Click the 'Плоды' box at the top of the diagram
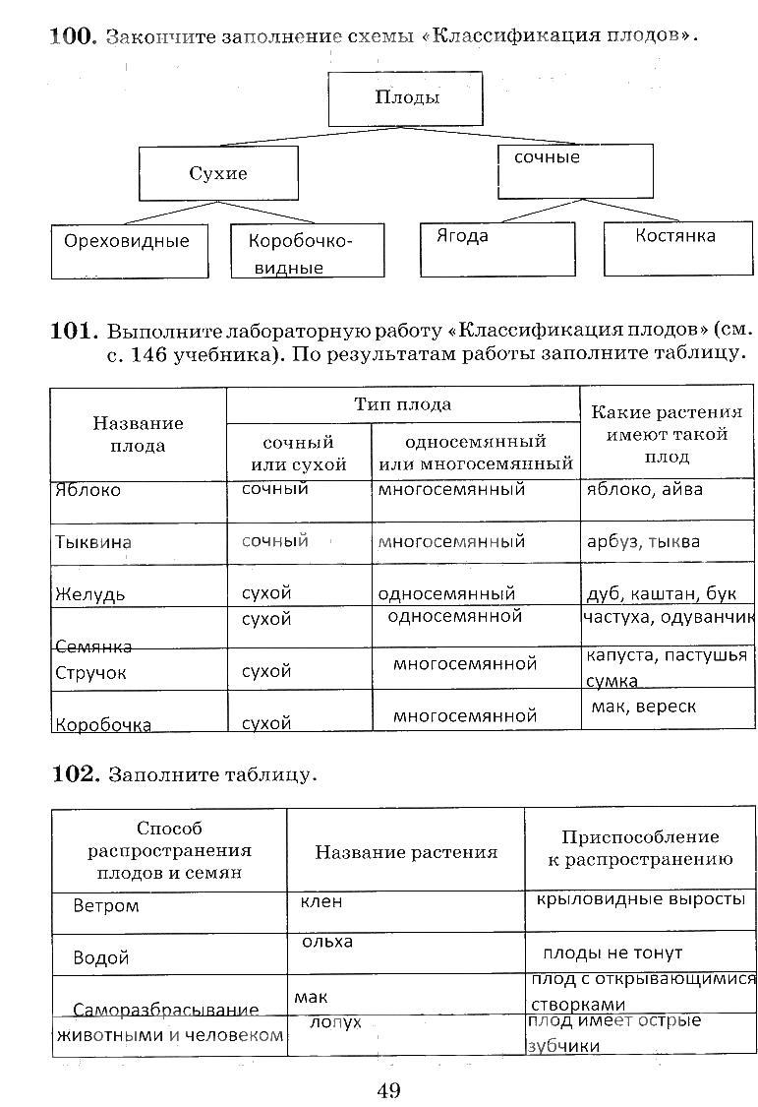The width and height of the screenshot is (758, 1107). coord(407,97)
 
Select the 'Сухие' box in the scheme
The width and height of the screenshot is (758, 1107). coord(218,174)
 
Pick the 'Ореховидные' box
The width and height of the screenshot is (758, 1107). coord(127,241)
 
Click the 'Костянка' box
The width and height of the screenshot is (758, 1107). coord(674,236)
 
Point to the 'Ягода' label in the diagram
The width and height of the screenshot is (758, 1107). coord(461,236)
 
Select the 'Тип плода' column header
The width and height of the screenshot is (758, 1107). coord(402,404)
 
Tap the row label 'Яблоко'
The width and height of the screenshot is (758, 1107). coord(88,490)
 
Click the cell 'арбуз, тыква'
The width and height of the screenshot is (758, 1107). coord(643,541)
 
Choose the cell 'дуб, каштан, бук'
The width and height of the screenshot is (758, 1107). coord(660,593)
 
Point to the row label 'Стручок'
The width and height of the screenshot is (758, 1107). coord(91,673)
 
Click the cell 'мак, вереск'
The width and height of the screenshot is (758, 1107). coord(643,707)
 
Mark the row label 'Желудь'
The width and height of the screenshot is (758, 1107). coord(89,594)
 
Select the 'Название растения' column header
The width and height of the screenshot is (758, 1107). coord(406,852)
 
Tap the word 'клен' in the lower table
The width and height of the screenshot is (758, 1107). coord(321,901)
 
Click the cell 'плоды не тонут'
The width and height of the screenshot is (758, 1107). coord(612,953)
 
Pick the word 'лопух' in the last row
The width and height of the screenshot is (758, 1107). coord(335,1022)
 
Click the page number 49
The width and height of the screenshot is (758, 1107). coord(386,1088)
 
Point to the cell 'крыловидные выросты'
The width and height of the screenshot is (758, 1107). coord(640,900)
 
